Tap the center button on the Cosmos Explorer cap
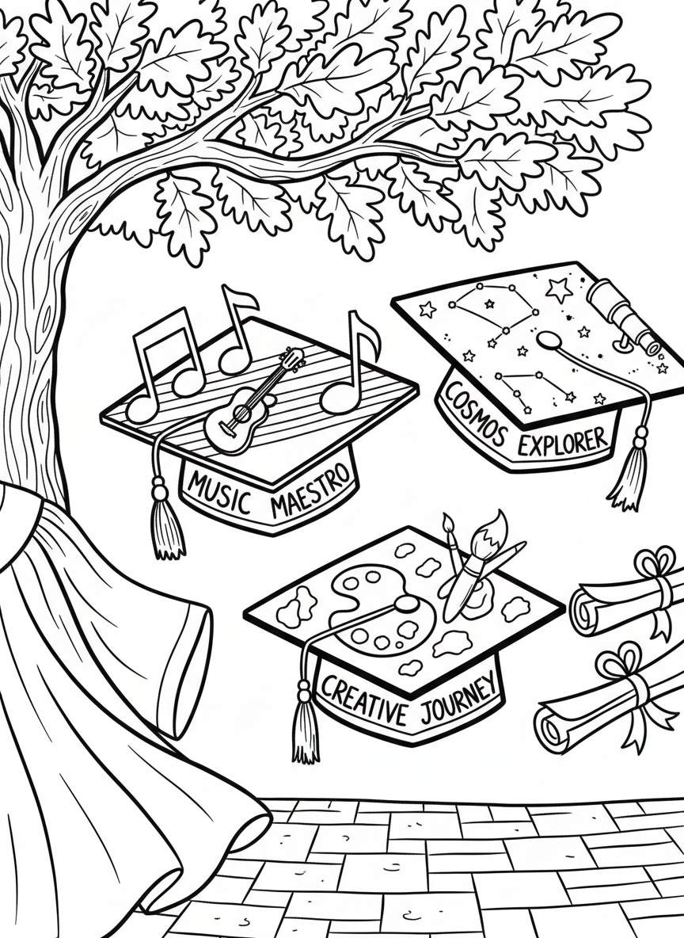point(546,340)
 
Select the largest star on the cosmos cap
point(560,290)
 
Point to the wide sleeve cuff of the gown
point(187,665)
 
